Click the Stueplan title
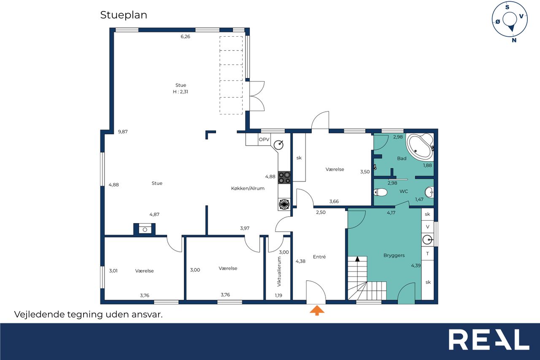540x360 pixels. pos(124,15)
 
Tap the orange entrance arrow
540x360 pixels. pos(317,310)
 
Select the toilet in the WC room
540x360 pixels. pos(381,192)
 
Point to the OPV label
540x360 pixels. pos(264,140)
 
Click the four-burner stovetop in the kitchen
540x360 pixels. pos(284,178)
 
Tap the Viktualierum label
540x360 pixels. pos(279,271)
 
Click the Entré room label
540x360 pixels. pos(319,257)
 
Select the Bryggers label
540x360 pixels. pos(394,256)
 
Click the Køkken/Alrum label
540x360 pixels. pos(248,188)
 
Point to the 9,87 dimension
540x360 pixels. pos(123,132)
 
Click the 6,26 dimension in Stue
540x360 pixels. pos(185,36)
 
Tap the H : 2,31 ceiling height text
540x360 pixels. pos(181,92)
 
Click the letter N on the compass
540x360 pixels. pos(514,40)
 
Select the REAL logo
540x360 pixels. pos(489,340)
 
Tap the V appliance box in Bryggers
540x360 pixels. pos(428,227)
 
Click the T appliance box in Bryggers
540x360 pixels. pos(428,254)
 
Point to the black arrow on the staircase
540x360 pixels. pos(357,259)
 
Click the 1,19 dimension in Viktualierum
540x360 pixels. pos(278,295)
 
